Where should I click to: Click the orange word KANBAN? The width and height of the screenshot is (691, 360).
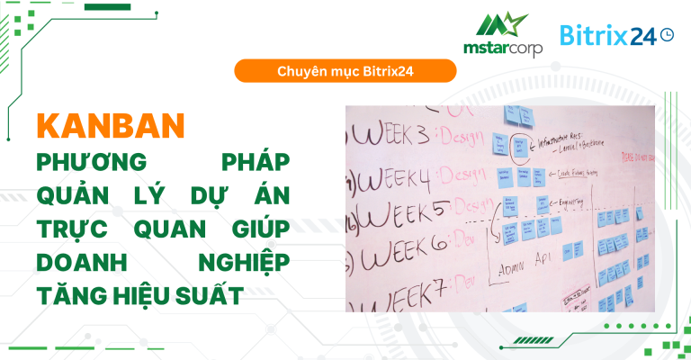point(111,126)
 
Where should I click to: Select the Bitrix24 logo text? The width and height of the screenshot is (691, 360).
point(608,35)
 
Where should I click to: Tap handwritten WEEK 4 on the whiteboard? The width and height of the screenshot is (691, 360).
point(395,173)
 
